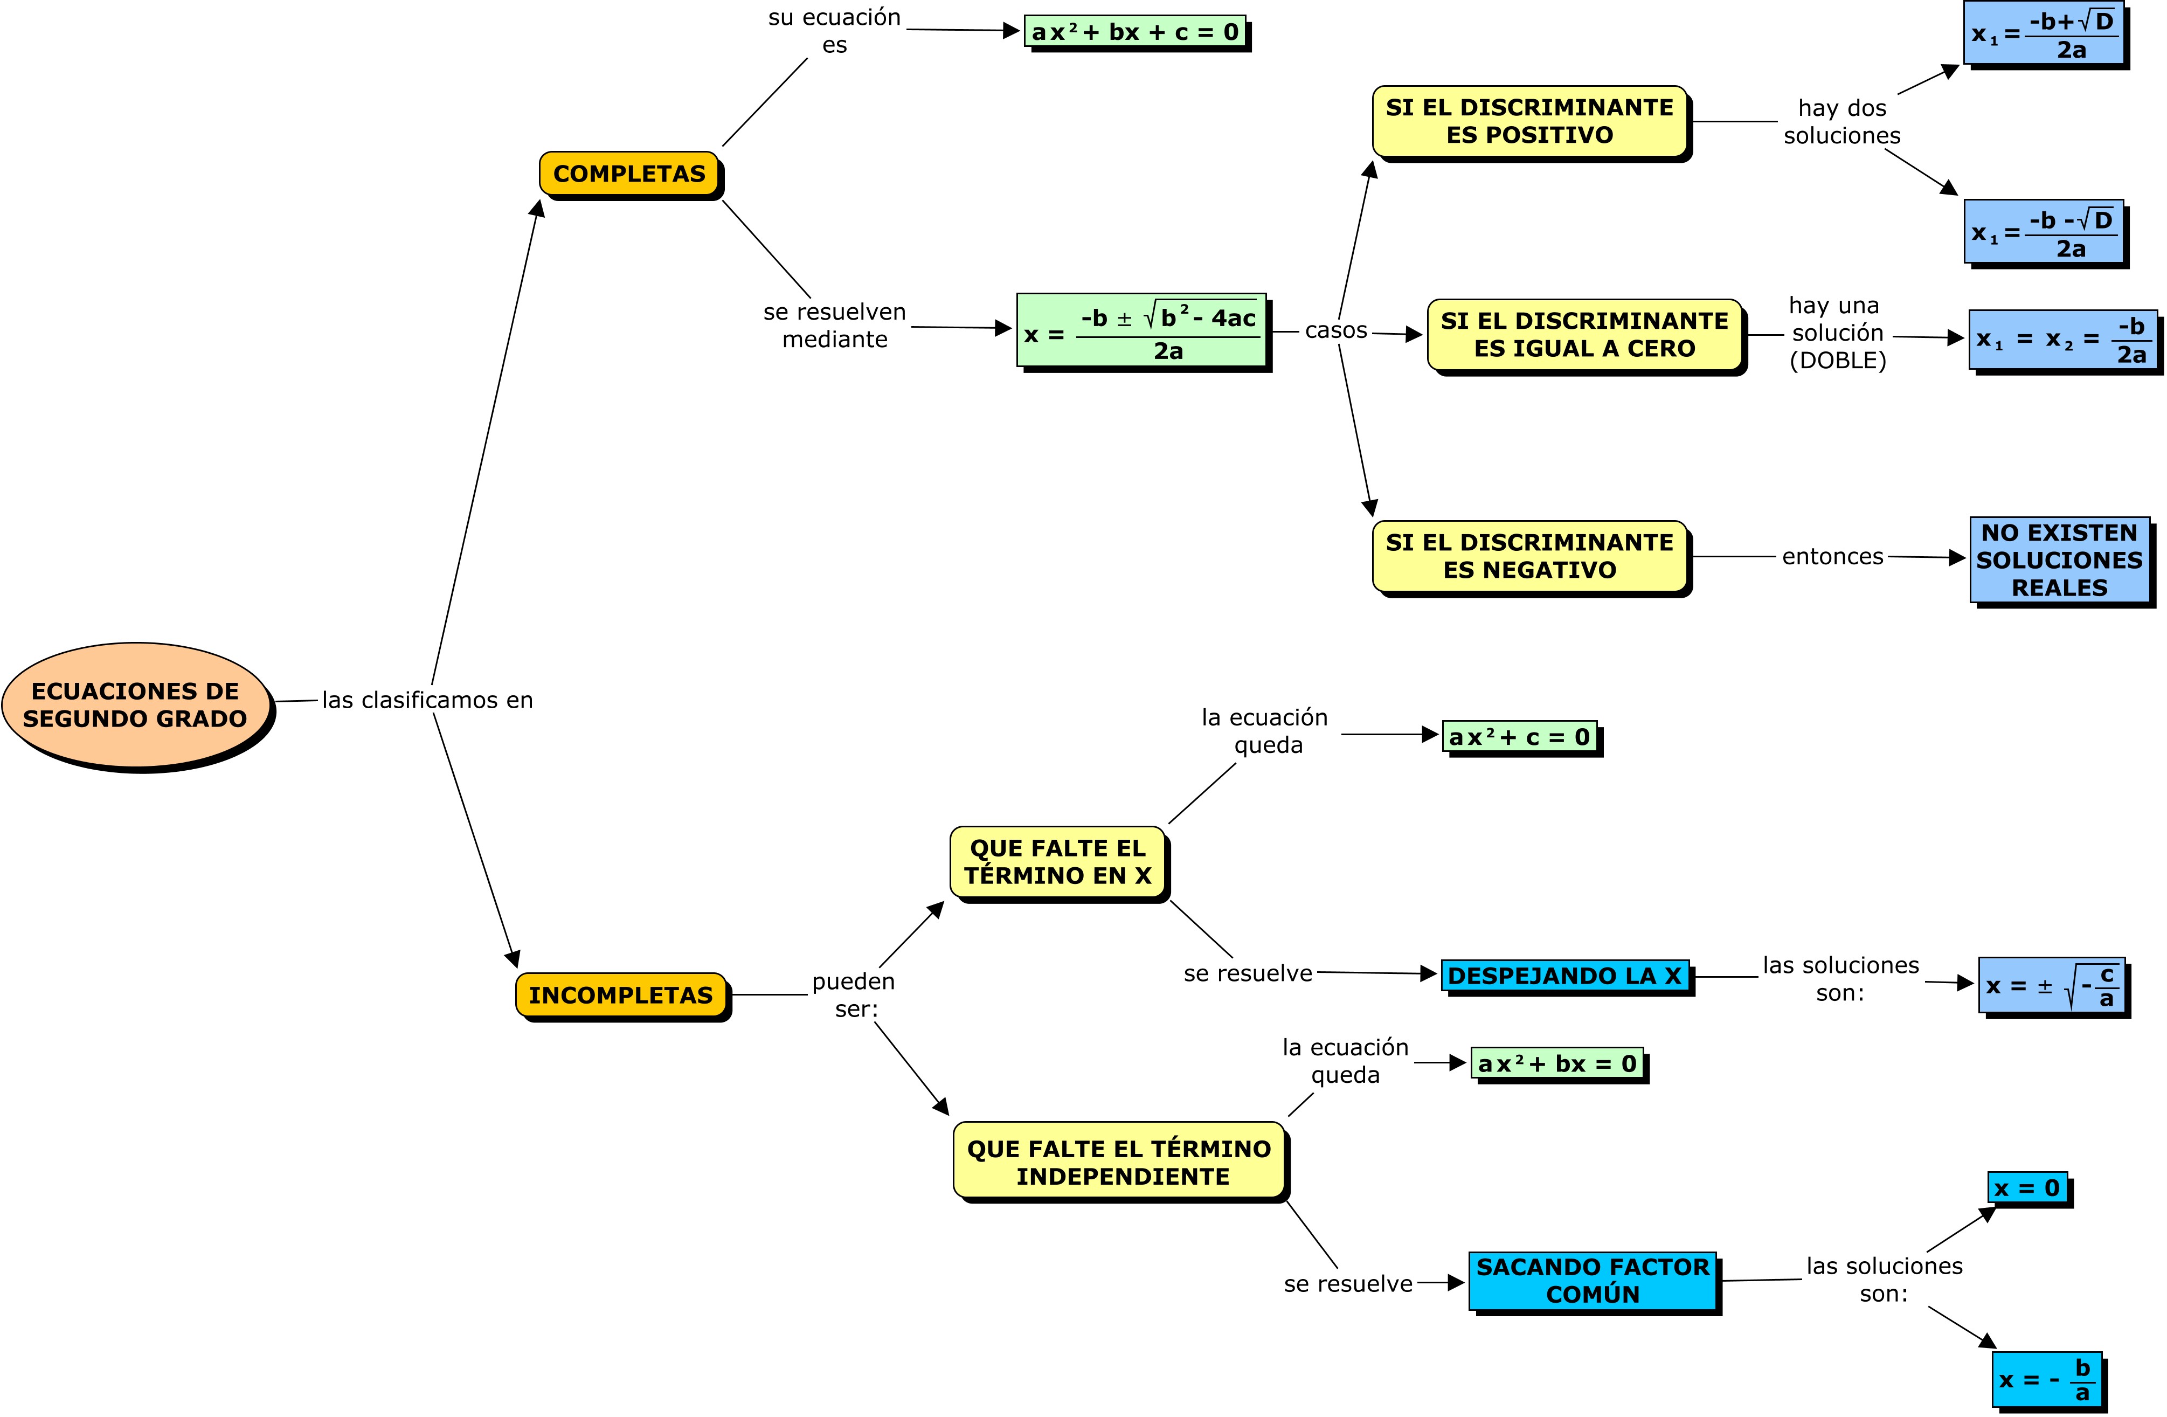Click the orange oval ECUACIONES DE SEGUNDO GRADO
coord(136,705)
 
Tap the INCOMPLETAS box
coord(621,994)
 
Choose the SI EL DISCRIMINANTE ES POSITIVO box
coord(1529,121)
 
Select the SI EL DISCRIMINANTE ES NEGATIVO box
coord(1529,556)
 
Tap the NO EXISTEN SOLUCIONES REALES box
coord(2060,560)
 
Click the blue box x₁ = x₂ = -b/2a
coord(2062,340)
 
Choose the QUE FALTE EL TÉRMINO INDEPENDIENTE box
coord(1119,1162)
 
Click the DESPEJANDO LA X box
coord(1564,976)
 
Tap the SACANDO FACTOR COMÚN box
coord(1593,1281)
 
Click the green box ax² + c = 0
coord(1519,737)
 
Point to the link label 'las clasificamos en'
coord(427,700)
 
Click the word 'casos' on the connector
coord(1335,330)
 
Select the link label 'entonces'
coord(1832,556)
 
